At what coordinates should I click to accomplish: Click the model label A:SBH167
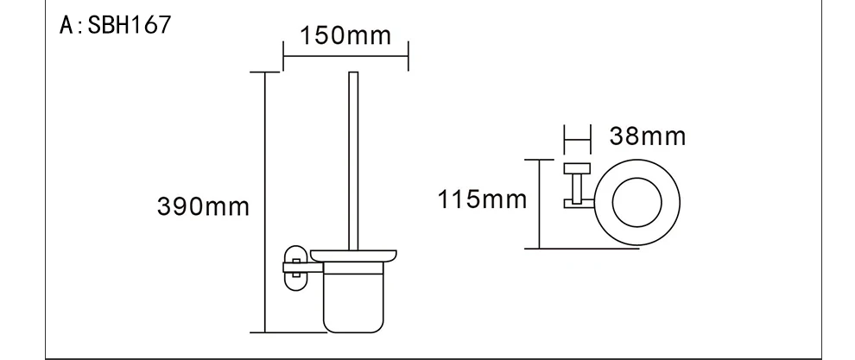click(115, 25)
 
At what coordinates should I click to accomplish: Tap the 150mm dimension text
click(345, 36)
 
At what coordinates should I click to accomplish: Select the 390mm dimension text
click(203, 206)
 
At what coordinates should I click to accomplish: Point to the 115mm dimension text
click(483, 199)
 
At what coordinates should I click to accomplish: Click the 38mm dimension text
click(647, 136)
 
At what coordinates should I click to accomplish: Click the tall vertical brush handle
click(353, 161)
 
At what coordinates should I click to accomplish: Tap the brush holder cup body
click(353, 297)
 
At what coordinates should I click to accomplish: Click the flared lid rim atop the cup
click(353, 256)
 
